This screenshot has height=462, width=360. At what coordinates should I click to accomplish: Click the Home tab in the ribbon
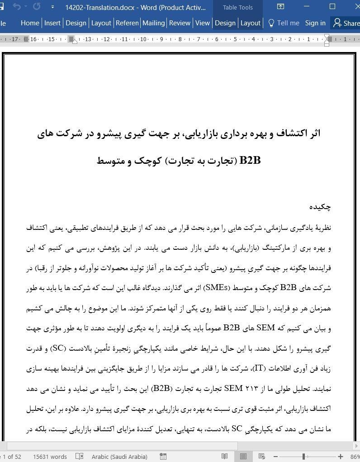coord(30,23)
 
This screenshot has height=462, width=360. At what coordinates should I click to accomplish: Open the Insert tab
coord(52,23)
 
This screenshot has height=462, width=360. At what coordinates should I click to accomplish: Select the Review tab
coord(180,23)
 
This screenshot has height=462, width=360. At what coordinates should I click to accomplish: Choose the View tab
coord(202,23)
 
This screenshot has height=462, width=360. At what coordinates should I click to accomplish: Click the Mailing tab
coord(153,23)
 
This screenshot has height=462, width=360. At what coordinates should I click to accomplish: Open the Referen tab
coord(127,23)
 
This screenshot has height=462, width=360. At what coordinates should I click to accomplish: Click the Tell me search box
coord(284,23)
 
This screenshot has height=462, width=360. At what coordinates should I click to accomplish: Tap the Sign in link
coord(315,23)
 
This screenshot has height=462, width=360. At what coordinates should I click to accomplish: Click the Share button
coord(346,23)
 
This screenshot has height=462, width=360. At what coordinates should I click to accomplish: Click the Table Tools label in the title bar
coord(238,7)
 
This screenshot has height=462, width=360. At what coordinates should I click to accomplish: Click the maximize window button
coord(332,7)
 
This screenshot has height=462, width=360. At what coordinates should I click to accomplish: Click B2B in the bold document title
coord(250,161)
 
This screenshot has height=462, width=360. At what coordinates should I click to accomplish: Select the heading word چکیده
coord(320,207)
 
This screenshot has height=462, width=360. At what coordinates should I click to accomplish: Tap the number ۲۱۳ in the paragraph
coord(251,388)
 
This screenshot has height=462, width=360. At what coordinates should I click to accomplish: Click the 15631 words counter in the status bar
coord(50,457)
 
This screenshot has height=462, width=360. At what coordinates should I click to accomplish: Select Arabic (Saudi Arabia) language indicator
coord(119,457)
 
